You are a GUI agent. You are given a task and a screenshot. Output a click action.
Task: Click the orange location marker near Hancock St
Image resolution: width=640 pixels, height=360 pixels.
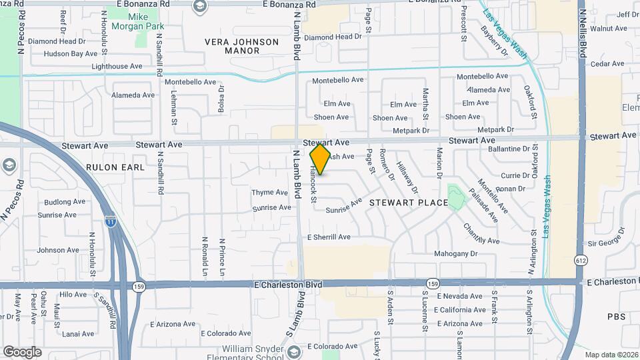click(x=321, y=159)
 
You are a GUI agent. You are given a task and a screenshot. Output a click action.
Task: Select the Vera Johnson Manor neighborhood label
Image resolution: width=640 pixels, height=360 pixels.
click(x=242, y=46)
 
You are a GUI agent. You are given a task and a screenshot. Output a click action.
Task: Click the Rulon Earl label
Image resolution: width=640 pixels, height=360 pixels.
click(x=115, y=167)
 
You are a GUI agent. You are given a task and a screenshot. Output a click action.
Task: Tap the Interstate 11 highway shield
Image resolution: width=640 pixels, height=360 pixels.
click(x=111, y=219)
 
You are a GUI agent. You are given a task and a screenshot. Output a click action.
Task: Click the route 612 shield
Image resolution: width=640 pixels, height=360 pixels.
click(x=581, y=260)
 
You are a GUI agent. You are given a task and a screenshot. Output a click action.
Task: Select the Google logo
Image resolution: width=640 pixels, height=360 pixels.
click(x=22, y=351)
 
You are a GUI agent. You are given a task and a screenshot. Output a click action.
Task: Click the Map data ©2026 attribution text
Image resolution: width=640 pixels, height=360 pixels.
click(x=611, y=355)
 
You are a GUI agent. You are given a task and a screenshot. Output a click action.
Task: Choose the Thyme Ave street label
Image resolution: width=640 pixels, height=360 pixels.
click(x=269, y=193)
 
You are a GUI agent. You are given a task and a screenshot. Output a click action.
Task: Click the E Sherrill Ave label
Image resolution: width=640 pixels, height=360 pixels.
click(x=328, y=237)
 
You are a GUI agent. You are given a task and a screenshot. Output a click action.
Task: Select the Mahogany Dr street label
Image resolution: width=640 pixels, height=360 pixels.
click(x=456, y=253)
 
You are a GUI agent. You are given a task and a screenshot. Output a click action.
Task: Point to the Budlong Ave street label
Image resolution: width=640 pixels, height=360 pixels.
click(x=65, y=201)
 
